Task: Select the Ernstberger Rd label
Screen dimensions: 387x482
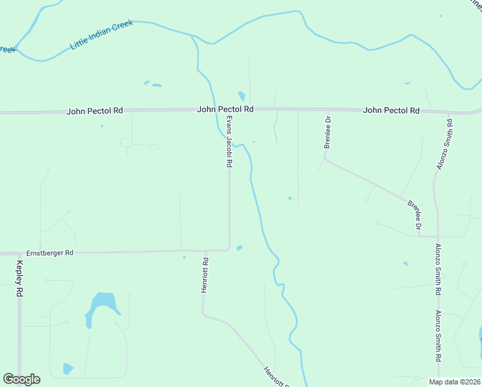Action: pyautogui.click(x=50, y=253)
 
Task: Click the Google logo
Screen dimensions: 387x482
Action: pyautogui.click(x=21, y=379)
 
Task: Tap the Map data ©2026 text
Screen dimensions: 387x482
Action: pyautogui.click(x=454, y=381)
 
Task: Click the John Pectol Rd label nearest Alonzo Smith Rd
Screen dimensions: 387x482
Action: pyautogui.click(x=391, y=110)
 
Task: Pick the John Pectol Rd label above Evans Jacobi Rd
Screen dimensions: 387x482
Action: pyautogui.click(x=225, y=110)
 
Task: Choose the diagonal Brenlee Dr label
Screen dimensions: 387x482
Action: pyautogui.click(x=414, y=215)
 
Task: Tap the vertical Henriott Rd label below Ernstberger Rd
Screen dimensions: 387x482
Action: pyautogui.click(x=205, y=276)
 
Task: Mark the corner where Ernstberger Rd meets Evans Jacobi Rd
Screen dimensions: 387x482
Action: pyautogui.click(x=229, y=249)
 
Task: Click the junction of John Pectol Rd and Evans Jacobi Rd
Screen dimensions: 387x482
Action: pyautogui.click(x=229, y=111)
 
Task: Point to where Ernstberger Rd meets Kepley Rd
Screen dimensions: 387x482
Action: pyautogui.click(x=19, y=253)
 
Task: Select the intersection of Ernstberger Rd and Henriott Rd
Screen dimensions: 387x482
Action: pyautogui.click(x=205, y=250)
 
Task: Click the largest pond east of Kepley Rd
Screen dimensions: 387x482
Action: pyautogui.click(x=101, y=305)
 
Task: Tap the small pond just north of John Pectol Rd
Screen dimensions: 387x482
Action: pyautogui.click(x=242, y=97)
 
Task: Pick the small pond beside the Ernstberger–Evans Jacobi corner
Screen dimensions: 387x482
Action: pyautogui.click(x=239, y=248)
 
